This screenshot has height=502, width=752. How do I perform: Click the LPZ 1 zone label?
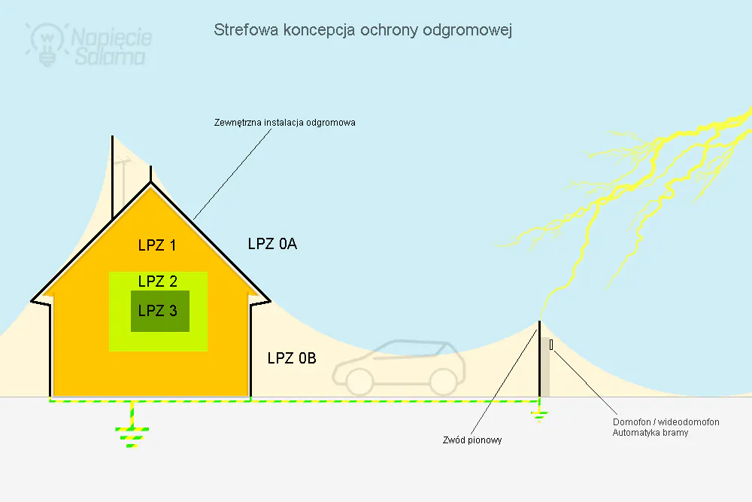157,245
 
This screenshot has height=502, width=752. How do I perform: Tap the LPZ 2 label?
158,281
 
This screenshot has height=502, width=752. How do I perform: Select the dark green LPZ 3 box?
160,311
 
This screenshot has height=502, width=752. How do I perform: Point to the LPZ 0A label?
272,244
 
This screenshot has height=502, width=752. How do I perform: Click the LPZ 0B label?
292,358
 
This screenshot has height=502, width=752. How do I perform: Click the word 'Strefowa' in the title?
246,30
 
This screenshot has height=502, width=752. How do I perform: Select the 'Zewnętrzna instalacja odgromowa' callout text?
284,123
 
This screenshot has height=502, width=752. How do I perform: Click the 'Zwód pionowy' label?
472,440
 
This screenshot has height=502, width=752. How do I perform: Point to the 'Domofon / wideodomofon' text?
666,422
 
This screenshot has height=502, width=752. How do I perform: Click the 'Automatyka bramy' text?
650,433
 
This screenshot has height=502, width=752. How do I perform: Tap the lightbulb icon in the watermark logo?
47,44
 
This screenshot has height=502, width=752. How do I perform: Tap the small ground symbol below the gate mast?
539,415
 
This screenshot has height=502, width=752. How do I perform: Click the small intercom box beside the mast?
551,345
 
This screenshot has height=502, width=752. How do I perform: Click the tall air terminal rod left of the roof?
113,178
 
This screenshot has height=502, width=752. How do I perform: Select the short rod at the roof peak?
150,174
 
